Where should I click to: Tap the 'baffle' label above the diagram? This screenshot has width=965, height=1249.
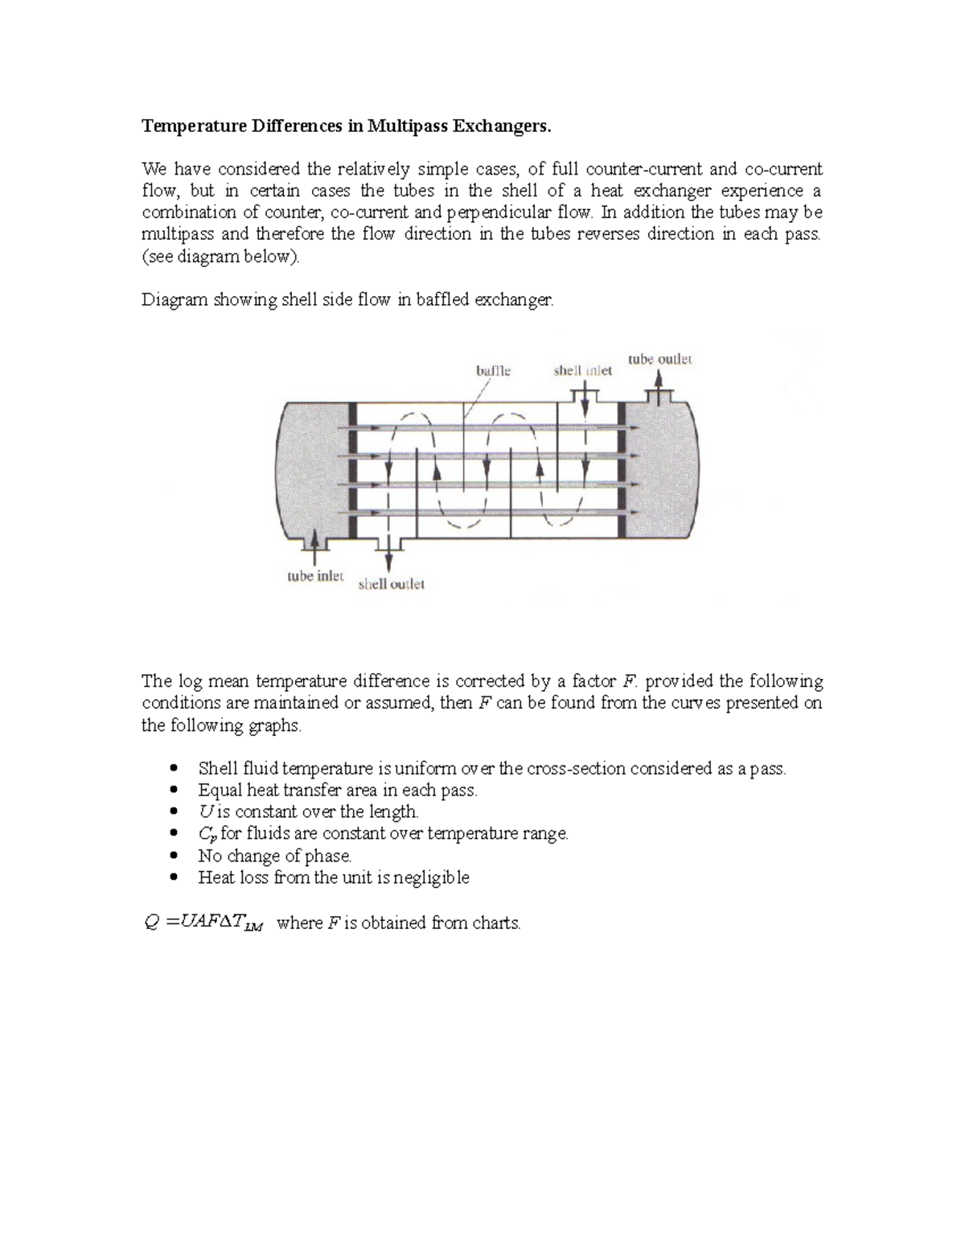493,371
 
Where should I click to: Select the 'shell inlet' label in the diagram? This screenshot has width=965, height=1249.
582,371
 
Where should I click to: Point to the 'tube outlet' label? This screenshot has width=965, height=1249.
659,359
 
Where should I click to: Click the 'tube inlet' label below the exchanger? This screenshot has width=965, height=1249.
315,577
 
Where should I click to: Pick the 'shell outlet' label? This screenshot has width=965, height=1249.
391,585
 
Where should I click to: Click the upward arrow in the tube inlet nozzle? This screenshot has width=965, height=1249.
314,550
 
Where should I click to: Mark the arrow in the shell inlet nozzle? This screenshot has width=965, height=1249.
586,400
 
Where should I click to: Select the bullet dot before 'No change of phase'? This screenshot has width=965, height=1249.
174,857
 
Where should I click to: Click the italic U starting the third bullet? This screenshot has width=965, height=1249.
204,811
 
